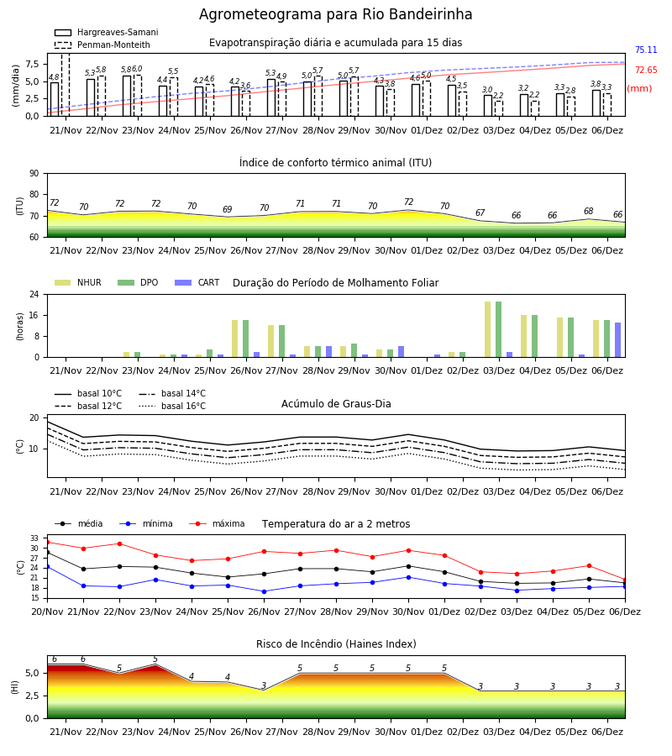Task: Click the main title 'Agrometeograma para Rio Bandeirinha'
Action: [x=335, y=14]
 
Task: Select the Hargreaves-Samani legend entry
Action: [x=106, y=32]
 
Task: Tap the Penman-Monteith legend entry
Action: [x=102, y=45]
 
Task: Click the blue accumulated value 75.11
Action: [x=646, y=50]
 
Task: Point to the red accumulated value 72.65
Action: [x=646, y=70]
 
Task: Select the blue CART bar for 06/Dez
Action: [x=617, y=340]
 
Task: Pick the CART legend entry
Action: [x=197, y=282]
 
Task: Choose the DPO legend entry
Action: [x=138, y=282]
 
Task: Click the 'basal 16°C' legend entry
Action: [x=172, y=406]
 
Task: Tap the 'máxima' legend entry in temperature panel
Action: [x=217, y=523]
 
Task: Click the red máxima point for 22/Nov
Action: [x=119, y=543]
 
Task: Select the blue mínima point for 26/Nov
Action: [x=264, y=591]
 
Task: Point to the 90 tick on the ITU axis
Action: [x=34, y=174]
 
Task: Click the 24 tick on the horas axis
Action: [x=34, y=294]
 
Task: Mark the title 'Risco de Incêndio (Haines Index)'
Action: [x=336, y=644]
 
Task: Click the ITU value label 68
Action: [x=589, y=211]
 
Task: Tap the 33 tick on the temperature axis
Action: [x=34, y=538]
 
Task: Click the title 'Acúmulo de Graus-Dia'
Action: [x=336, y=403]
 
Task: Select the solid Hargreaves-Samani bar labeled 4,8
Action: [x=55, y=99]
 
